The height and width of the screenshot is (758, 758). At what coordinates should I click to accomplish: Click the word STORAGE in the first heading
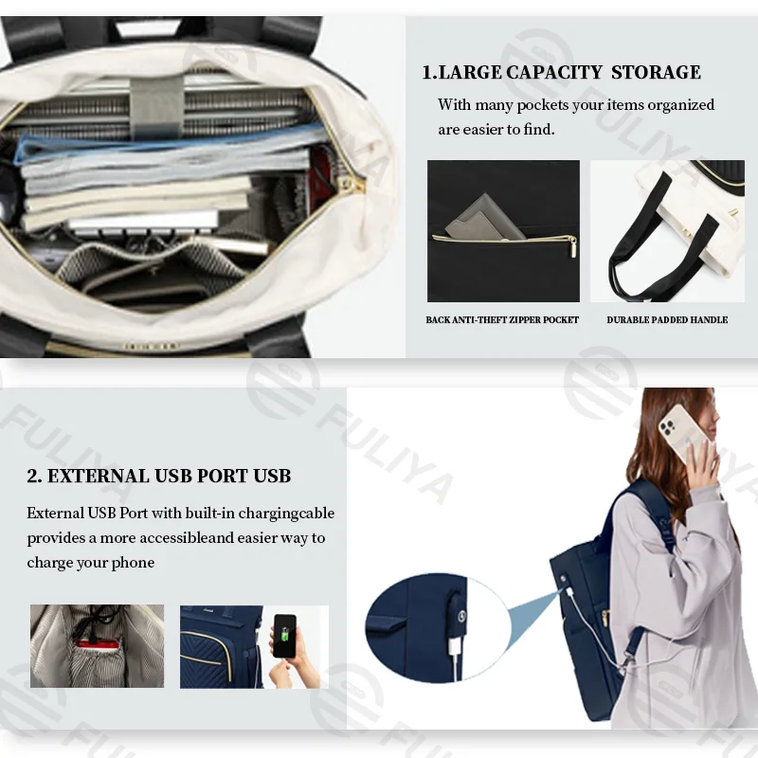click(x=656, y=72)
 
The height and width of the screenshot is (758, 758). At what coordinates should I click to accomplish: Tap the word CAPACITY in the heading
click(x=554, y=72)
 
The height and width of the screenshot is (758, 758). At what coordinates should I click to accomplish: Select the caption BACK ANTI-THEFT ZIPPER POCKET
click(x=502, y=319)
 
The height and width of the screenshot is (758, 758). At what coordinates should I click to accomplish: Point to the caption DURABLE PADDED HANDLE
click(x=667, y=319)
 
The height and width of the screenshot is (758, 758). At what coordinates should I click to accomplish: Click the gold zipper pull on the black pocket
click(x=572, y=247)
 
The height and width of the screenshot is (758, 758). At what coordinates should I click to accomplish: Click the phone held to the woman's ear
click(x=679, y=432)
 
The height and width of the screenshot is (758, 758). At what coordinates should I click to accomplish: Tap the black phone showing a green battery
click(x=284, y=636)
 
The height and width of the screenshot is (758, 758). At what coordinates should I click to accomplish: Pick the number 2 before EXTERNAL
click(x=33, y=476)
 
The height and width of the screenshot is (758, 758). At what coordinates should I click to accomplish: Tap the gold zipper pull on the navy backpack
click(x=605, y=618)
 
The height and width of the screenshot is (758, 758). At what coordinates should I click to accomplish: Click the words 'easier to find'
click(x=508, y=130)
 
